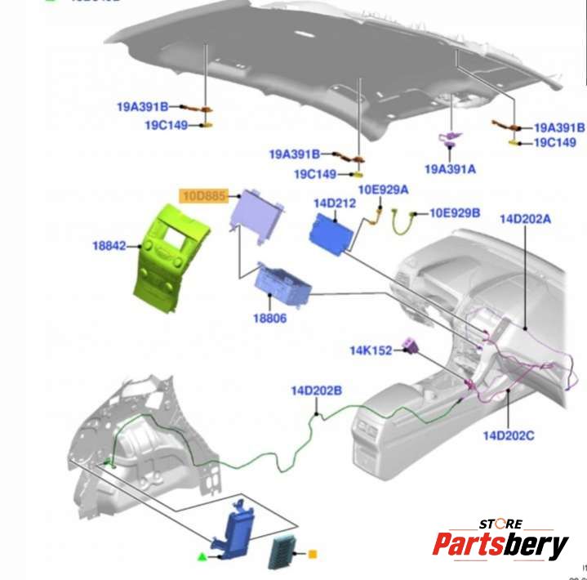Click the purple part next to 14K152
(411, 350)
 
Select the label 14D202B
(316, 390)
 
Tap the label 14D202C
(507, 435)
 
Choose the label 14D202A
(526, 218)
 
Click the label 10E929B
(456, 213)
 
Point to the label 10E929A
(384, 190)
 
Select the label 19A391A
(450, 169)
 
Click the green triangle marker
(202, 556)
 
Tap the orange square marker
(311, 555)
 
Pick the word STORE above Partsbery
(500, 524)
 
